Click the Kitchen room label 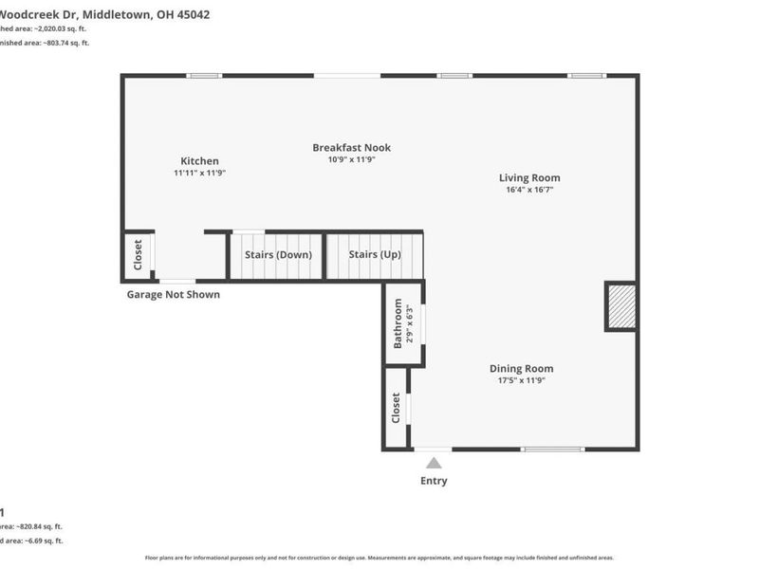coord(199,161)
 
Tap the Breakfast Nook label coord(351,148)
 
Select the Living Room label coord(529,177)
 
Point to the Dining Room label coord(521,369)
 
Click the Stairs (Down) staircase coord(278,256)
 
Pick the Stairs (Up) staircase coord(375,256)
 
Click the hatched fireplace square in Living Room coord(621,306)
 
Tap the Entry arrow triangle coord(434,463)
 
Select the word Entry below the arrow coord(434,481)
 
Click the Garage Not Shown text coord(174,295)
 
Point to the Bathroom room coord(403,323)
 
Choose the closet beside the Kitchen coord(138,256)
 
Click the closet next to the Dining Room coord(396,408)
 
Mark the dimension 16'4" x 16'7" coord(529,190)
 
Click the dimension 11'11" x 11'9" coord(199,174)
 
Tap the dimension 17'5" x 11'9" coord(521,380)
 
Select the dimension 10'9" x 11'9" coord(351,159)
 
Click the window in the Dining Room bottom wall coord(553,449)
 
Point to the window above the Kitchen coord(203,76)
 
